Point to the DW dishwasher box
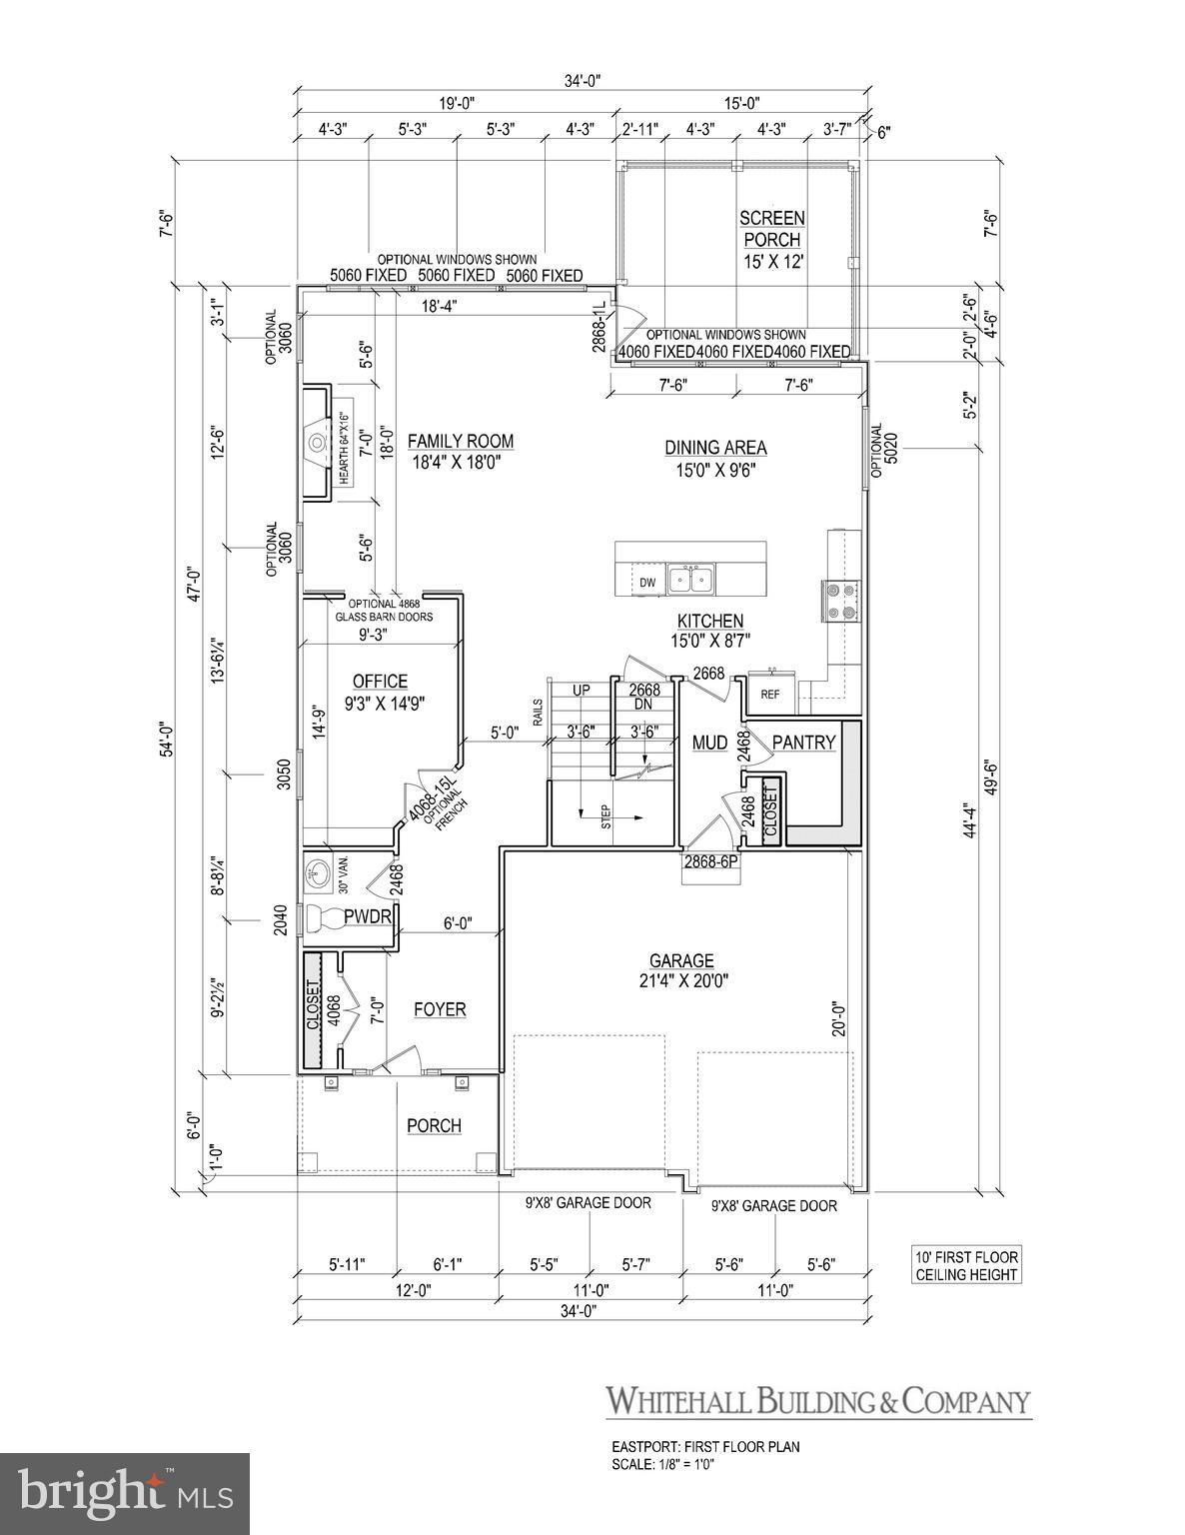tap(646, 583)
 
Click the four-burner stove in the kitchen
tap(837, 600)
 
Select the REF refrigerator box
tap(770, 694)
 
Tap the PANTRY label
tap(802, 743)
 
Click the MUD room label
tap(708, 743)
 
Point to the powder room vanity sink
tap(318, 872)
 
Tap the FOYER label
tap(440, 1009)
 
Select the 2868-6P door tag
tap(710, 860)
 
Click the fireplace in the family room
tap(319, 441)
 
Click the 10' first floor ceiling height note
tap(965, 1265)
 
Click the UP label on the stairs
tap(581, 690)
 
